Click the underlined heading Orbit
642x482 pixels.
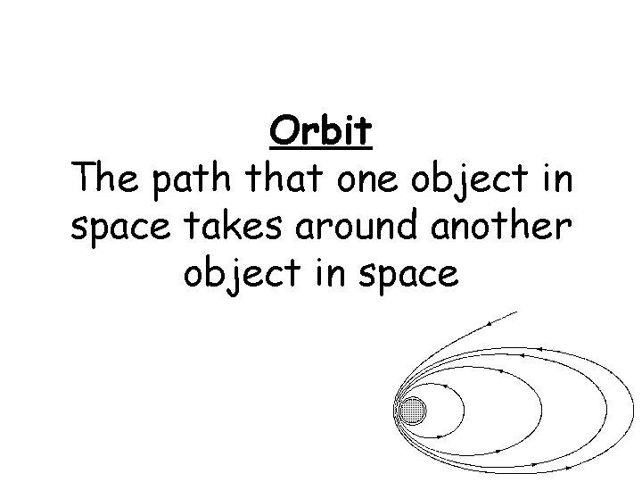click(x=320, y=133)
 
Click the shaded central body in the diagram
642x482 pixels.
click(x=412, y=411)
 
